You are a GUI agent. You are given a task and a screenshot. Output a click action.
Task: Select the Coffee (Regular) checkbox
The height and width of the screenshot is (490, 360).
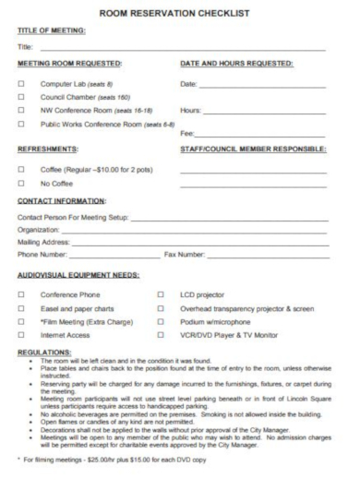[20, 168]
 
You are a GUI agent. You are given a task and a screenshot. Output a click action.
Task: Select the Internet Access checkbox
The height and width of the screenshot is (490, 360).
[20, 337]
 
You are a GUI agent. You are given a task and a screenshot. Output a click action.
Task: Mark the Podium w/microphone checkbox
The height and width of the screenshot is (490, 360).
[162, 323]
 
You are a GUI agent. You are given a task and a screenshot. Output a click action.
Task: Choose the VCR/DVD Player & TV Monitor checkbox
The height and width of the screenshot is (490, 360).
[162, 337]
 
